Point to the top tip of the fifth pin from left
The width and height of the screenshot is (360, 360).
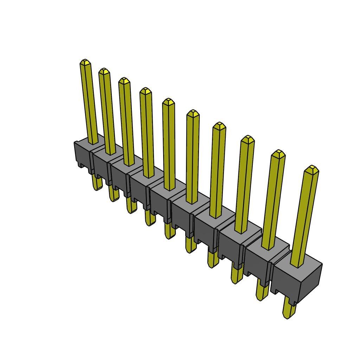click(168, 102)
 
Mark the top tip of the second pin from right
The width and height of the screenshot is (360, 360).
click(278, 153)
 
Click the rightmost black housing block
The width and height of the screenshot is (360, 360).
click(297, 278)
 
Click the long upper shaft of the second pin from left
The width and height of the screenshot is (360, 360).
click(107, 112)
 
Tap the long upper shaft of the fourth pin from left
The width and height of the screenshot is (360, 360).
click(147, 134)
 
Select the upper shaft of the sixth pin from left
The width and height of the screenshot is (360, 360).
click(192, 158)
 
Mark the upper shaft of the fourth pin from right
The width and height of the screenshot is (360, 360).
click(217, 172)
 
